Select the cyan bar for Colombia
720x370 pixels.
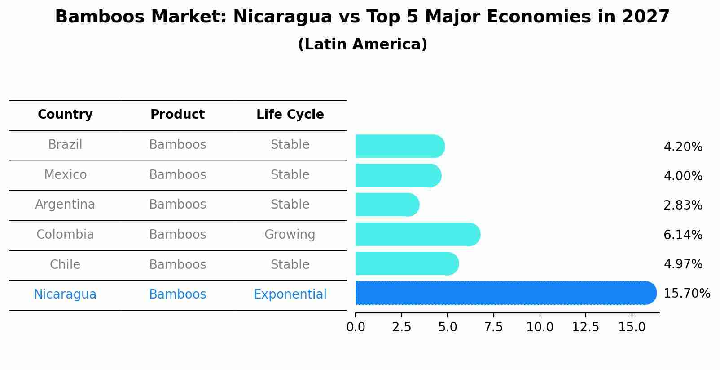coord(417,234)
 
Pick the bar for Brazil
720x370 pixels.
coord(400,146)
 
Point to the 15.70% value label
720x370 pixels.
coord(686,294)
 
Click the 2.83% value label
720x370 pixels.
coord(683,205)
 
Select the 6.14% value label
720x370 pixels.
coord(683,235)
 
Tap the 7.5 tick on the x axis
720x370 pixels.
coord(493,327)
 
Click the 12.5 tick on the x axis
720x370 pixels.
coord(585,327)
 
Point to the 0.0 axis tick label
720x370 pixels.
coord(356,327)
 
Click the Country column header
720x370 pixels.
coord(65,115)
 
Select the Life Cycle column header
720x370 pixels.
coord(290,115)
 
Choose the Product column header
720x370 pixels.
coord(177,115)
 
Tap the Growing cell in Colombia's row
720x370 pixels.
coord(290,235)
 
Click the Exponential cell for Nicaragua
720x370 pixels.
coord(290,294)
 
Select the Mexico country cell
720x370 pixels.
coord(65,175)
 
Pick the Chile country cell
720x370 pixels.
coord(65,265)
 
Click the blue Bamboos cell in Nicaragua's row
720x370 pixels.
coord(177,294)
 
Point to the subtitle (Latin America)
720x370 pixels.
coord(362,45)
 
